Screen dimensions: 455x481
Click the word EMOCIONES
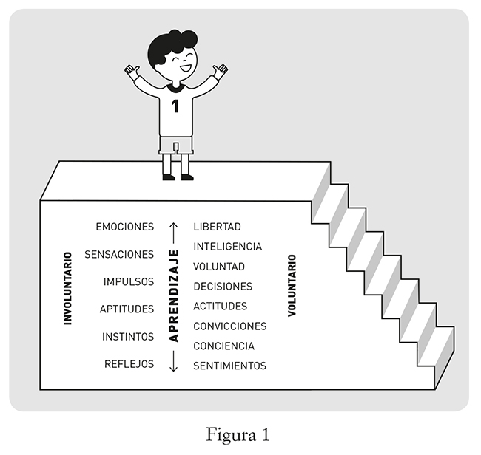click(125, 227)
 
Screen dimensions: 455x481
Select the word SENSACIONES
click(119, 254)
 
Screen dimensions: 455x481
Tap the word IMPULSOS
click(129, 281)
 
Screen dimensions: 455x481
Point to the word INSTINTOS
click(128, 337)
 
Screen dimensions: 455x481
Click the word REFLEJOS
click(129, 364)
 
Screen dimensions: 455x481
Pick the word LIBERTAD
click(217, 227)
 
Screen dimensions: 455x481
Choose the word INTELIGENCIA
click(227, 247)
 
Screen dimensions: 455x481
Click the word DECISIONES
click(223, 287)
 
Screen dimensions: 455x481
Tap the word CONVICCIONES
click(229, 326)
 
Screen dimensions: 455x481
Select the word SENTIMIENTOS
click(229, 366)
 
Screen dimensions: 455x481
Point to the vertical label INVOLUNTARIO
click(67, 289)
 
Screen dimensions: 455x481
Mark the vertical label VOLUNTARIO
click(292, 286)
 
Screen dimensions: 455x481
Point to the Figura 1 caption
click(238, 434)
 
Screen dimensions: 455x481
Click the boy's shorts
click(176, 145)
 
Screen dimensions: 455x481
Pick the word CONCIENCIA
click(223, 346)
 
